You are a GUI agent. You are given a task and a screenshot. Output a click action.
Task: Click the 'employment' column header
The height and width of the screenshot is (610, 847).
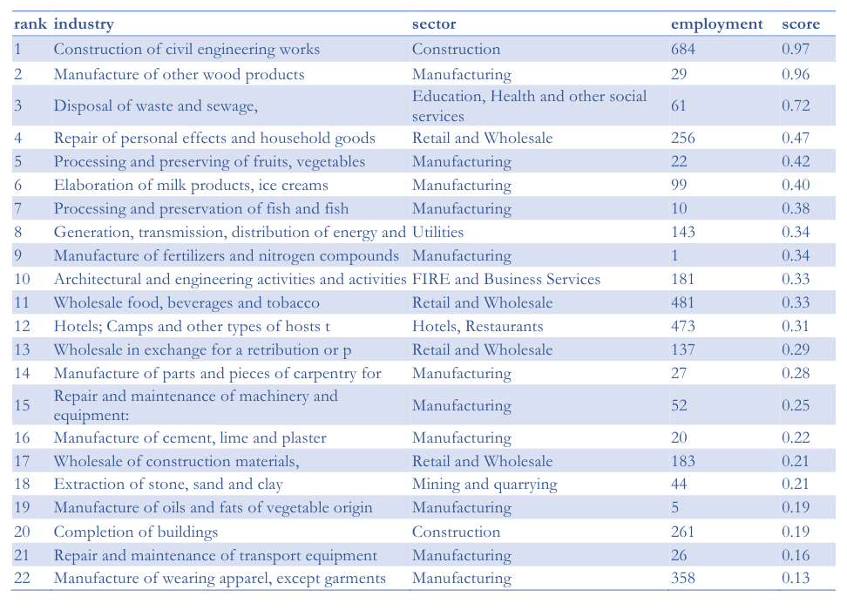coord(716,25)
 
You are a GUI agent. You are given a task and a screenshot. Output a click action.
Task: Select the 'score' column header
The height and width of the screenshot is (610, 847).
coord(801,24)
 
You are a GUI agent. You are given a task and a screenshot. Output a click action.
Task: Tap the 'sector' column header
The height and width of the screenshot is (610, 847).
coord(434,24)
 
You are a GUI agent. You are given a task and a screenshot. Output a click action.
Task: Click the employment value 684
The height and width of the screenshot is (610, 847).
coord(683,49)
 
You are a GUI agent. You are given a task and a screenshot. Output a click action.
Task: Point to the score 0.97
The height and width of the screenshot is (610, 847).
coord(796,49)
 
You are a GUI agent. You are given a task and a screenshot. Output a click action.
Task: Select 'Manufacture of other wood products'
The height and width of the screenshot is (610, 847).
coord(179,75)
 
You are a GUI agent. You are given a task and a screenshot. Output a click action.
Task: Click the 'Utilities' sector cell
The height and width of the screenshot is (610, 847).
coord(437,233)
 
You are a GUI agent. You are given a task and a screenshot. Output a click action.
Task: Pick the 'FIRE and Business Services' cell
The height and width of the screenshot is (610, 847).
coord(506,280)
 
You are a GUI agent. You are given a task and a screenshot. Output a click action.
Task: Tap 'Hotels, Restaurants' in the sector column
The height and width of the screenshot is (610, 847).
coord(478,326)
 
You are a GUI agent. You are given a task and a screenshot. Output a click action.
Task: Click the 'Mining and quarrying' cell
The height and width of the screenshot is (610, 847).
coord(484,485)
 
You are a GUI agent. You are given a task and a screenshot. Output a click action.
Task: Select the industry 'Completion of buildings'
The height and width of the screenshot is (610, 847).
coord(136,532)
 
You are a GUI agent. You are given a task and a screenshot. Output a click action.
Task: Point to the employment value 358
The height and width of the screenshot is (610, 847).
coord(683,578)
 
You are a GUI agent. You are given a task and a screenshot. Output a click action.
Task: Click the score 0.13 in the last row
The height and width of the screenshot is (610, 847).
coord(796,578)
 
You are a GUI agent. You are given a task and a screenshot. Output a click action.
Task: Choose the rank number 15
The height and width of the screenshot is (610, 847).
coord(22,405)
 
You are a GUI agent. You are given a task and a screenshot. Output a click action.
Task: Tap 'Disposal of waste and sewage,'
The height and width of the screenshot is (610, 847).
coord(156,106)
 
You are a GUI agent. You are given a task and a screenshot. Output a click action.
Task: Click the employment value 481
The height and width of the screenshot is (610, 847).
coord(683,302)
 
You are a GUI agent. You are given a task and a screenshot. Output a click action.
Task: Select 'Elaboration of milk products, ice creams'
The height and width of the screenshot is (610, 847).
coord(191,186)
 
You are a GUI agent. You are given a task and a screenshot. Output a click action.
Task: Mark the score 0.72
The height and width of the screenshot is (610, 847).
coord(796,106)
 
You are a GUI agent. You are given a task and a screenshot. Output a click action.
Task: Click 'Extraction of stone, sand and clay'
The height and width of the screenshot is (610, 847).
coord(168,485)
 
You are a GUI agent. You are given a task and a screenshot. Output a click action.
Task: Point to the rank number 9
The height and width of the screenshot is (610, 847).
coord(17,255)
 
